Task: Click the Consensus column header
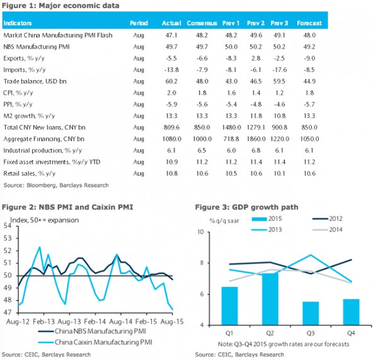(202, 23)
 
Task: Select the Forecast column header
(309, 23)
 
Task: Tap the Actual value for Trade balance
(171, 81)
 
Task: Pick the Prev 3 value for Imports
(279, 70)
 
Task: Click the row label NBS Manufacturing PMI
(37, 47)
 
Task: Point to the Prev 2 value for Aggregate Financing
(256, 139)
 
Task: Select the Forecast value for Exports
(309, 58)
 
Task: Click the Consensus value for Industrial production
(202, 151)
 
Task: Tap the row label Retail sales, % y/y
(30, 173)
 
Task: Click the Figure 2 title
(67, 207)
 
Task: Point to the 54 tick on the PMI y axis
(8, 226)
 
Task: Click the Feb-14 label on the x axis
(95, 322)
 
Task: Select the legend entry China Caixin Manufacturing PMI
(95, 342)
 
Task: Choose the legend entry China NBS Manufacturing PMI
(92, 331)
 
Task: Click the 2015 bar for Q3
(311, 313)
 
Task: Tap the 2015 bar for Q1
(229, 306)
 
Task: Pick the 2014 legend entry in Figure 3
(327, 229)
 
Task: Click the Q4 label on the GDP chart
(351, 334)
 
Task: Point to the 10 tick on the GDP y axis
(200, 232)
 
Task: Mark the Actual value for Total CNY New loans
(171, 127)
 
